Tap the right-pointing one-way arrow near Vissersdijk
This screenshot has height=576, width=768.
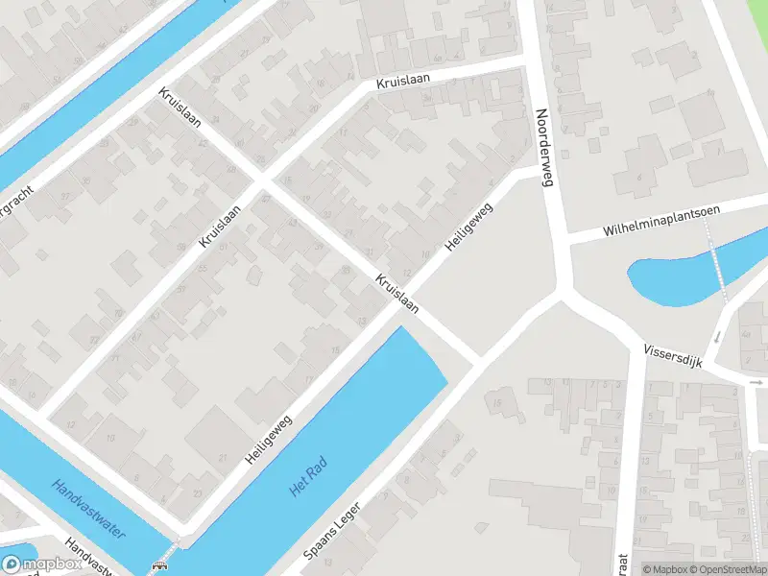756,381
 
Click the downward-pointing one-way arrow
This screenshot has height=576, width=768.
716,338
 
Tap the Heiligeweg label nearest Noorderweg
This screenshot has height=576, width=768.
468,227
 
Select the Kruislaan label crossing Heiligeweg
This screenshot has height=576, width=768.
397,293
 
